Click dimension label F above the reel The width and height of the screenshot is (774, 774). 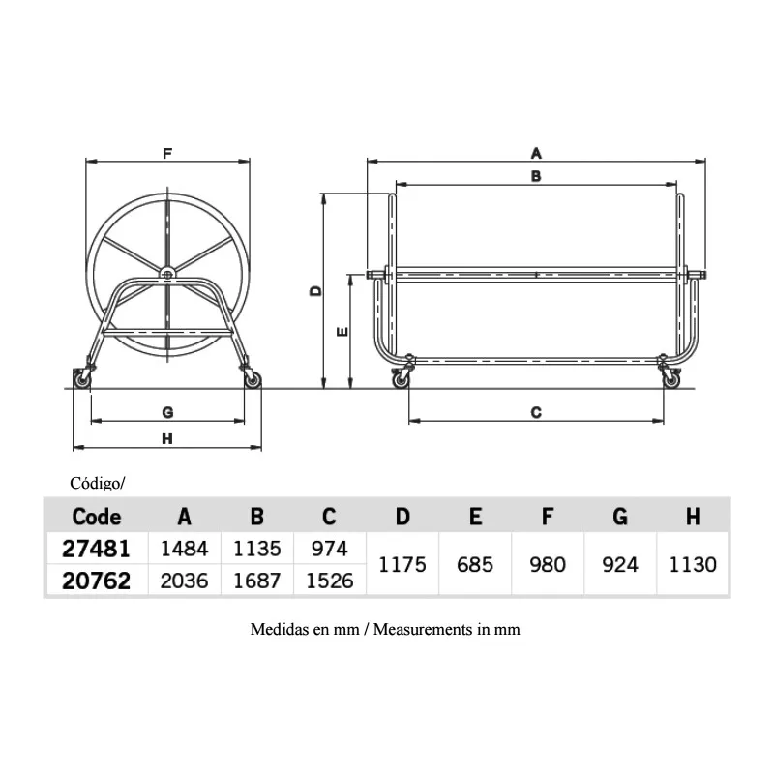tap(167, 154)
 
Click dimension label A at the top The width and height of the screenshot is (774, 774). tap(536, 154)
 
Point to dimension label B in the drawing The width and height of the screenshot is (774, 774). tap(536, 176)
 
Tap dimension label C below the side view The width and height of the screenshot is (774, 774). tap(536, 412)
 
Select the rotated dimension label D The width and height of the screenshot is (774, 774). tap(315, 291)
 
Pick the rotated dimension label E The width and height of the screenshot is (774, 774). tap(342, 332)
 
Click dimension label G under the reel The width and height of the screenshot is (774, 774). tap(167, 412)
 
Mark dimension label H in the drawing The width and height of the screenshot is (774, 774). tap(167, 438)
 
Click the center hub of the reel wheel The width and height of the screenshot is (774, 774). tap(167, 274)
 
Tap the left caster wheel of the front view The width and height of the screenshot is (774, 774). tap(82, 381)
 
